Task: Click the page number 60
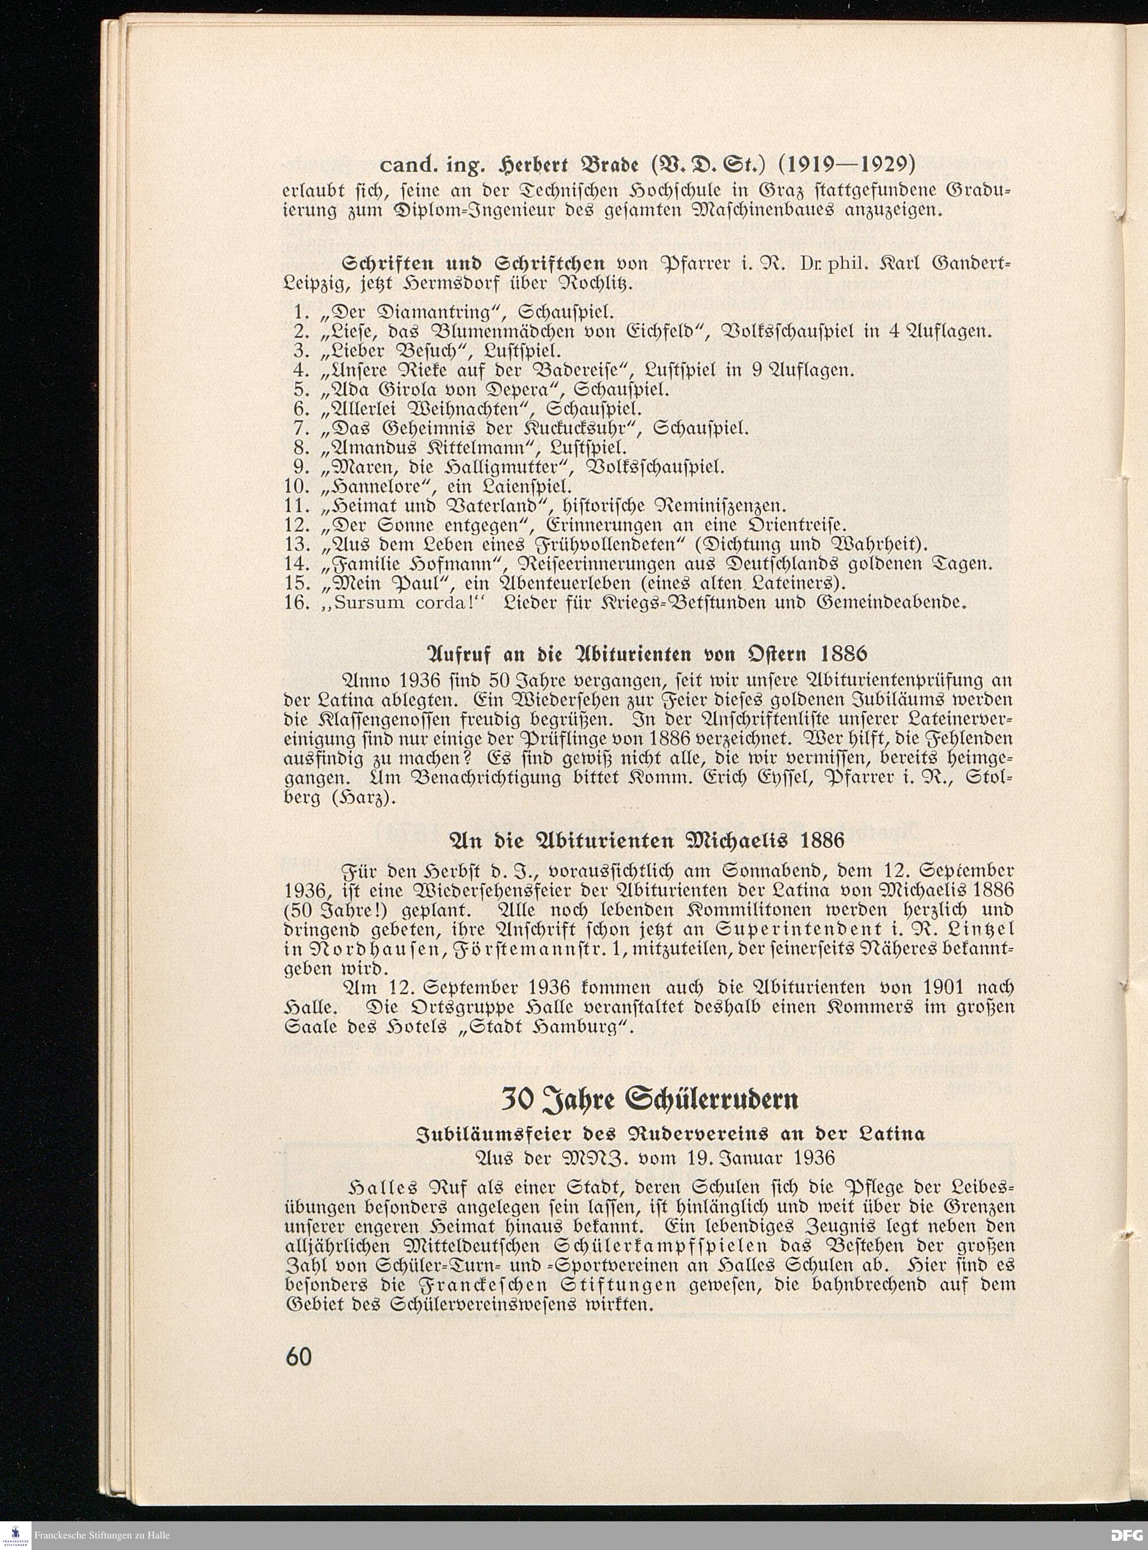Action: tap(298, 1356)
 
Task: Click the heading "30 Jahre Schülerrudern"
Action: tap(650, 1099)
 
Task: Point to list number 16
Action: tap(297, 602)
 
